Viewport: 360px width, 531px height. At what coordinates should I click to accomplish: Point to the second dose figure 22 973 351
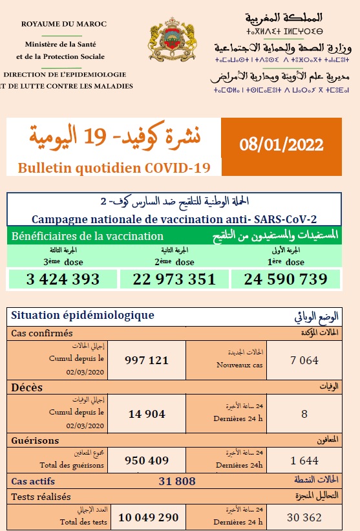coord(174,279)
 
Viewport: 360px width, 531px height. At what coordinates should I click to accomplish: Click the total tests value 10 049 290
coord(149,518)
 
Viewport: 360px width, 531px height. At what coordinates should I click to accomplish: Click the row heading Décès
coord(27,387)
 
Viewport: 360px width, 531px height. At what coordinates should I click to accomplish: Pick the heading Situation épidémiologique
coord(83,315)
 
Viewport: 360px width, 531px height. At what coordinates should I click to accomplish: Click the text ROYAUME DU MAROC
coord(64,24)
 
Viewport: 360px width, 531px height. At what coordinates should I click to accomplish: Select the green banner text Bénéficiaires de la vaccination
coord(88,236)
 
